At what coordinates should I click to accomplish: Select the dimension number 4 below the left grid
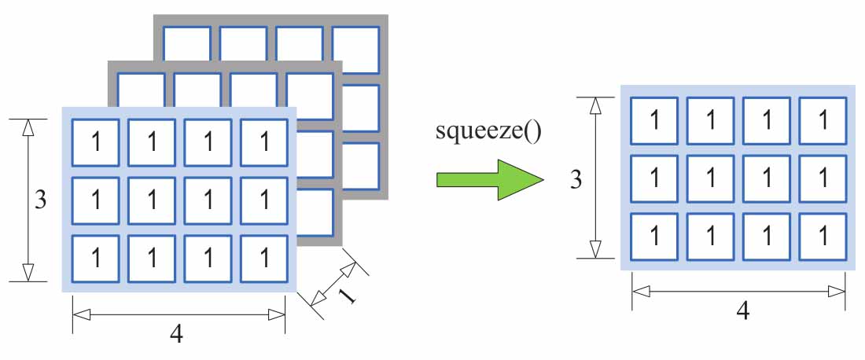coord(177,334)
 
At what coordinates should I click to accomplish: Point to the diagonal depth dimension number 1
coord(344,296)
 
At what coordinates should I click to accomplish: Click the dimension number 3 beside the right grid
coord(576,179)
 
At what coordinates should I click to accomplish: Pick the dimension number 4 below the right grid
coord(742,310)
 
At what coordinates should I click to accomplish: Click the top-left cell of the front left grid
coord(96,143)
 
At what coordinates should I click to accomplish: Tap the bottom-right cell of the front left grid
coord(264,258)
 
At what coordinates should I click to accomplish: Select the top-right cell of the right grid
coord(823,121)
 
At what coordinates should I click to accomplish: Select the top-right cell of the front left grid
coord(264,143)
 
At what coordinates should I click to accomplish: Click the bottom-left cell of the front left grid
coord(96,258)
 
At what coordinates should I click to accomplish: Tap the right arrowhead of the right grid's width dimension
coord(837,291)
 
